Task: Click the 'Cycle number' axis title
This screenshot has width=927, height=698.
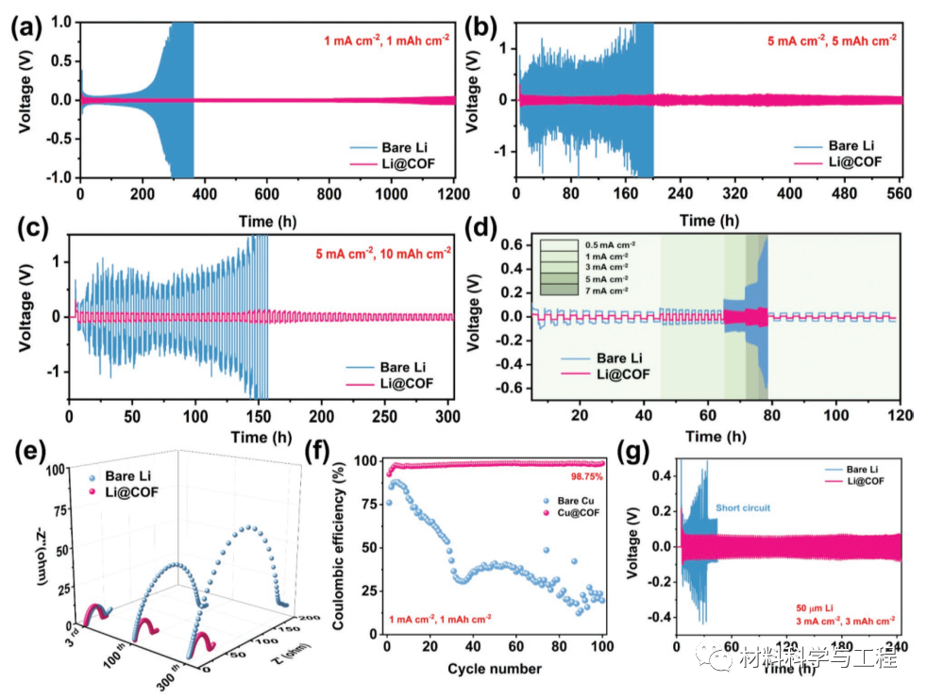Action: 495,668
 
